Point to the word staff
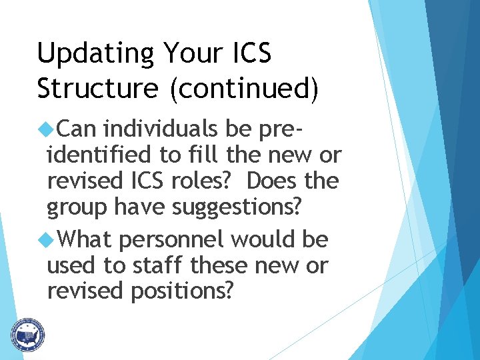click(x=159, y=265)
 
